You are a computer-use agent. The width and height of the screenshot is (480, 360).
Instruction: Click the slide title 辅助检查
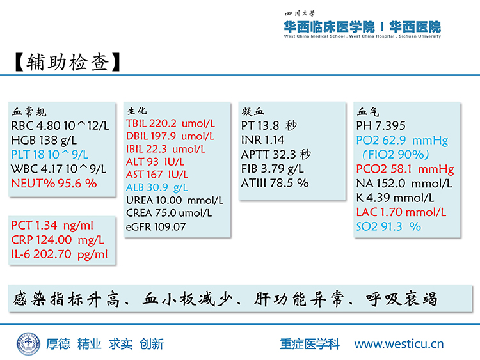(68, 62)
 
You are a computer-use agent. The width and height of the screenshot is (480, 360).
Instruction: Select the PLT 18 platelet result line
(49, 155)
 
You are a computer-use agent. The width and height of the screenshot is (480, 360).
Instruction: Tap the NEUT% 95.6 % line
(54, 184)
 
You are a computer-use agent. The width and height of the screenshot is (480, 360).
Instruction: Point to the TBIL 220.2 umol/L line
(170, 123)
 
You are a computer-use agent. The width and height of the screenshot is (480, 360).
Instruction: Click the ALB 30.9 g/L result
(157, 187)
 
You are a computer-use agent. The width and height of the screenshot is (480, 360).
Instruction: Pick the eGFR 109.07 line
(156, 226)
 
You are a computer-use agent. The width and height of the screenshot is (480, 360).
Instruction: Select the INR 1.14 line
(262, 140)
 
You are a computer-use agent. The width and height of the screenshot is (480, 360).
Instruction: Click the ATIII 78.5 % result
(275, 183)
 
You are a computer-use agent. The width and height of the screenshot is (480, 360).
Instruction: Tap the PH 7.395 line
(381, 125)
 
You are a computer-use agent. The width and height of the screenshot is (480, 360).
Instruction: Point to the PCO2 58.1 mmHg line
(405, 169)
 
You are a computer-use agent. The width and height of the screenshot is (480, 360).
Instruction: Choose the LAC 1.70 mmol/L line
(401, 212)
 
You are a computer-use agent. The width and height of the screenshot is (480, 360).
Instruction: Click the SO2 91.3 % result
(388, 226)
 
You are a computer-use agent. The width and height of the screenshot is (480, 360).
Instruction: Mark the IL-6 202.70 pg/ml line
(60, 254)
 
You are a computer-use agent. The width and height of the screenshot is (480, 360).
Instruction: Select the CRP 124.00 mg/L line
(58, 240)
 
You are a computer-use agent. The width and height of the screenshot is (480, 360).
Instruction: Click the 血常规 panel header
(29, 112)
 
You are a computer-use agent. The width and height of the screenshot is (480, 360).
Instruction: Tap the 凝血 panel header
(253, 111)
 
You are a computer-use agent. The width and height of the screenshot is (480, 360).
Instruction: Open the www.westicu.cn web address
(399, 344)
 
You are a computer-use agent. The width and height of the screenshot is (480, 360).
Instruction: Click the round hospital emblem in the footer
(28, 344)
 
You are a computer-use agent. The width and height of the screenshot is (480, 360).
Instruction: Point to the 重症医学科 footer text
(310, 344)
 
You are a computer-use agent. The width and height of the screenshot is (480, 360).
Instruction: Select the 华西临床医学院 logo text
(329, 27)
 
